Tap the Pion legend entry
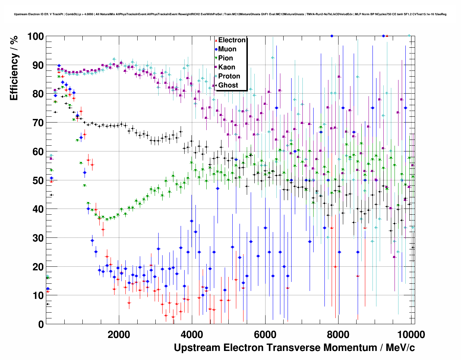click(x=225, y=58)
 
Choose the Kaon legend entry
click(x=227, y=67)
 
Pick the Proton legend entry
click(x=229, y=76)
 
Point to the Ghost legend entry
click(x=228, y=85)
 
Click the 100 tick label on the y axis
click(x=35, y=37)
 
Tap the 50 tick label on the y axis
click(x=38, y=180)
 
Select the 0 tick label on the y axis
click(x=41, y=324)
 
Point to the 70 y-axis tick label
click(x=38, y=123)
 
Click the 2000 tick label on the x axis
click(x=119, y=334)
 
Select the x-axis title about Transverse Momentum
click(x=294, y=348)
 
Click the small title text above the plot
click(x=230, y=14)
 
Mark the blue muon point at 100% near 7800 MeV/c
click(x=332, y=36)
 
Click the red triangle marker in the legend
click(x=216, y=40)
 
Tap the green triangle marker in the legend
click(x=216, y=58)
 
